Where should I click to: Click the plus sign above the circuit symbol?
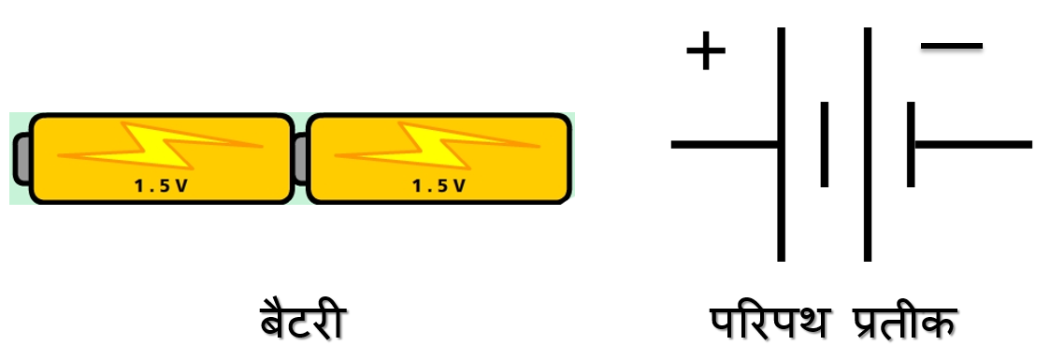pyautogui.click(x=706, y=51)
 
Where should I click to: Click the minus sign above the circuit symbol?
pyautogui.click(x=952, y=45)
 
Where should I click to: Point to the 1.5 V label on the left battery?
pyautogui.click(x=161, y=185)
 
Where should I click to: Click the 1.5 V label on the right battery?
pyautogui.click(x=439, y=185)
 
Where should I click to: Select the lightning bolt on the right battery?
pyautogui.click(x=439, y=145)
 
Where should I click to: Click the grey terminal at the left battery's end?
pyautogui.click(x=21, y=159)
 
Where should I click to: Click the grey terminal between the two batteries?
pyautogui.click(x=300, y=159)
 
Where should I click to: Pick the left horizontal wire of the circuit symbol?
pyautogui.click(x=725, y=144)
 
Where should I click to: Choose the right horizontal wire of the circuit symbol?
pyautogui.click(x=972, y=144)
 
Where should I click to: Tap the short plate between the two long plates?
pyautogui.click(x=824, y=144)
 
